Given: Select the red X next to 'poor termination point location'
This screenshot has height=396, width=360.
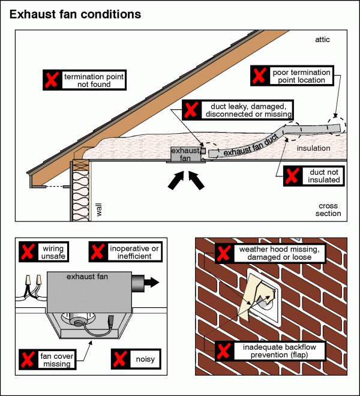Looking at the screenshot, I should [x=259, y=75].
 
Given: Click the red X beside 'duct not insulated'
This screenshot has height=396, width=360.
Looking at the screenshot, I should [x=292, y=176].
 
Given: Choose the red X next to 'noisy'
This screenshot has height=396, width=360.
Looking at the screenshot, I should [x=119, y=359].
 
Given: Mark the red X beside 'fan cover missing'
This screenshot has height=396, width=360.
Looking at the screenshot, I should [x=28, y=359].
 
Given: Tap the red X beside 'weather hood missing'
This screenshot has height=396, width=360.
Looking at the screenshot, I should [x=223, y=253].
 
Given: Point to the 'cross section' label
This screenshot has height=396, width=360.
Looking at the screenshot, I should [x=329, y=210].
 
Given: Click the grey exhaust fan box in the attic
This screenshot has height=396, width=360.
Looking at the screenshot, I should [x=184, y=154].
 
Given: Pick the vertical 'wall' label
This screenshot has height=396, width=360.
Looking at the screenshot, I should [x=100, y=209].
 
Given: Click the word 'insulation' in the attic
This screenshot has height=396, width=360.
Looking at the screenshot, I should [x=313, y=147].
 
